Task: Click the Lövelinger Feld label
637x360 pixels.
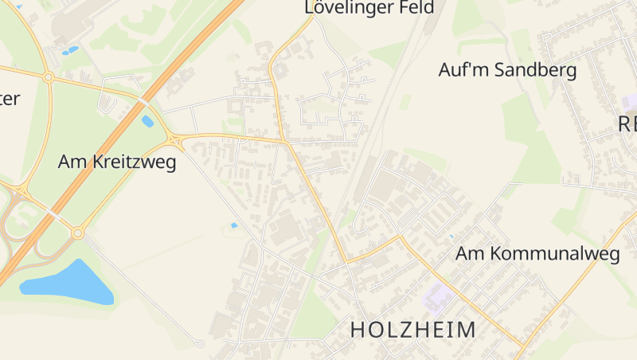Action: tap(369, 8)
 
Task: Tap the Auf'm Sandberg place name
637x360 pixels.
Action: tap(507, 70)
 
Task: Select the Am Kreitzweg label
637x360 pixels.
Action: tap(117, 162)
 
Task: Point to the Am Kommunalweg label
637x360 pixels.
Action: tap(537, 254)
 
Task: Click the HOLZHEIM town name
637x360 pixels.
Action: tap(413, 329)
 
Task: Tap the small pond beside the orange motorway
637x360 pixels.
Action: tap(147, 122)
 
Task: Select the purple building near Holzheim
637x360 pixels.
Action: tap(436, 297)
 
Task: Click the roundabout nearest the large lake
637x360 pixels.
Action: tap(77, 233)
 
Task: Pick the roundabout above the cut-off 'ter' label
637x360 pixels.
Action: tap(49, 77)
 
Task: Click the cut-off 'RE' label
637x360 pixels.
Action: tap(627, 123)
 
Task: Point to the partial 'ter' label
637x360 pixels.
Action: tap(10, 99)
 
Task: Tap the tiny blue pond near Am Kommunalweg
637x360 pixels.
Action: tap(451, 237)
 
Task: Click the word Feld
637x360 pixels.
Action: tap(418, 8)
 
